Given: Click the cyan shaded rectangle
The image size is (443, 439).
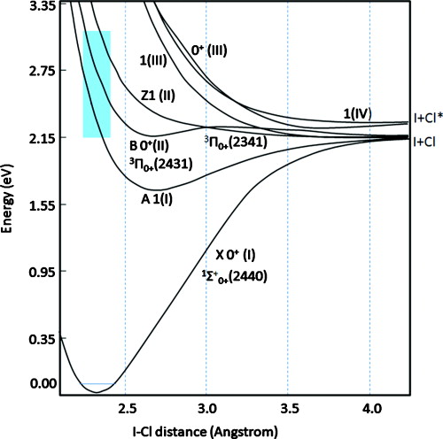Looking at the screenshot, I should (x=97, y=84).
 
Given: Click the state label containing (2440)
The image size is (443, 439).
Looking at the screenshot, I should (x=236, y=276).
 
